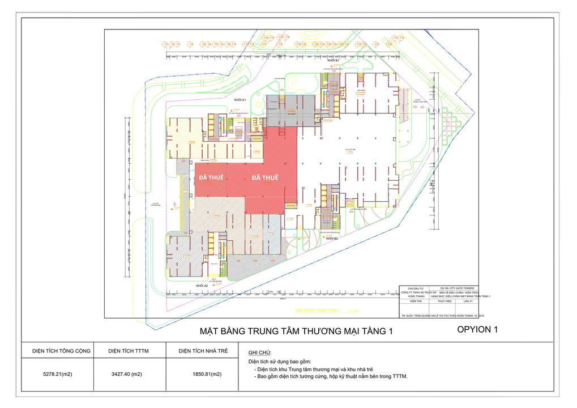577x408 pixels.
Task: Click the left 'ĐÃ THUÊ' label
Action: click(211, 177)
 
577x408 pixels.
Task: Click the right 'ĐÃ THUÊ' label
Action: click(265, 177)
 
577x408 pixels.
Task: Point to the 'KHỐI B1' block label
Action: click(332, 60)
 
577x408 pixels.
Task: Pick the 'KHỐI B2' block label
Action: click(332, 239)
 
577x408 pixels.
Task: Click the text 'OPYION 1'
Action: click(477, 329)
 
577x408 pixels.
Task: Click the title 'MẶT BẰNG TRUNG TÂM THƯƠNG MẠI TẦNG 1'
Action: click(296, 331)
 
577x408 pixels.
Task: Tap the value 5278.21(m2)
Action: click(58, 374)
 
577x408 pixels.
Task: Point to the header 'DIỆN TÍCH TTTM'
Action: click(129, 351)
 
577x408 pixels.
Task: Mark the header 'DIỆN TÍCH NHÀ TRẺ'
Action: click(203, 351)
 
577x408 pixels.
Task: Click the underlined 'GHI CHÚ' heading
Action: click(259, 353)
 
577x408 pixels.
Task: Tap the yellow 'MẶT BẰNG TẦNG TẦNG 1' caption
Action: click(317, 311)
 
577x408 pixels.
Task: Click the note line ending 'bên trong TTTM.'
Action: click(331, 376)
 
